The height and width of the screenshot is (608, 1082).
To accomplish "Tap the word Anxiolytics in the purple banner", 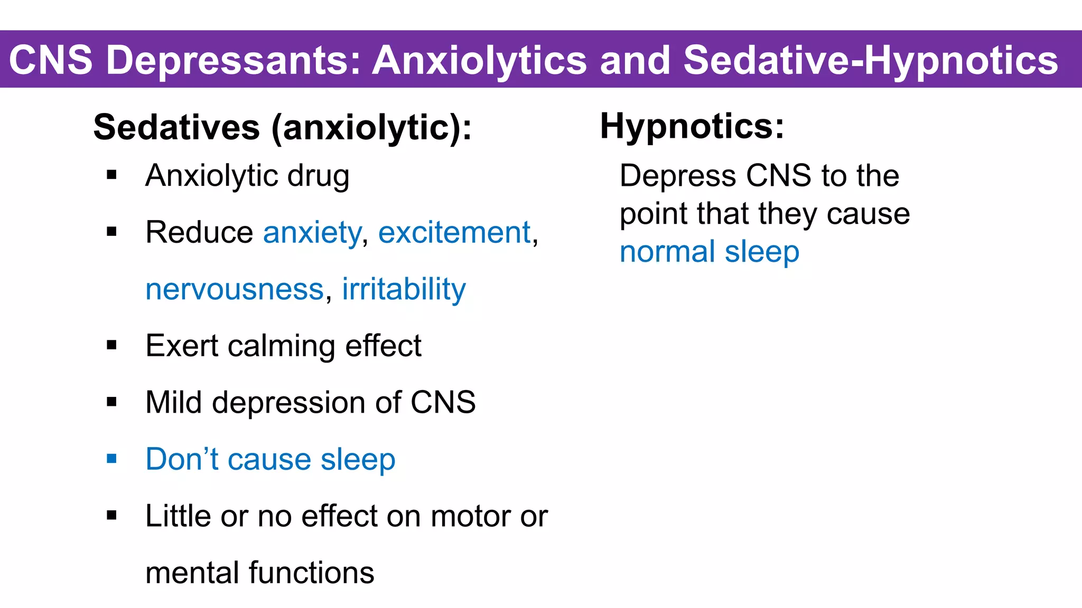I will click(x=480, y=60).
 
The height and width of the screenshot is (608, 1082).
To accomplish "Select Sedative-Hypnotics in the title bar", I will click(x=871, y=60).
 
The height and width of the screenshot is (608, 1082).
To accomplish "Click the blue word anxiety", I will click(x=312, y=233).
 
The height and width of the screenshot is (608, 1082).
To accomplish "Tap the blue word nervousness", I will click(x=235, y=289).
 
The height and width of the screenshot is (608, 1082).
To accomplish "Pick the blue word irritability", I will click(x=404, y=289).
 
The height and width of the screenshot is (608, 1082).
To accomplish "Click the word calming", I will click(x=281, y=346).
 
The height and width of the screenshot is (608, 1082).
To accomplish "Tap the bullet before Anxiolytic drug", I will click(x=111, y=175).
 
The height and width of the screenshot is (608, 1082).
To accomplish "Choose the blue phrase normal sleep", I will click(x=709, y=252).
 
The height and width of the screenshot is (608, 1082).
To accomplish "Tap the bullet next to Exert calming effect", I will click(x=111, y=346).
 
